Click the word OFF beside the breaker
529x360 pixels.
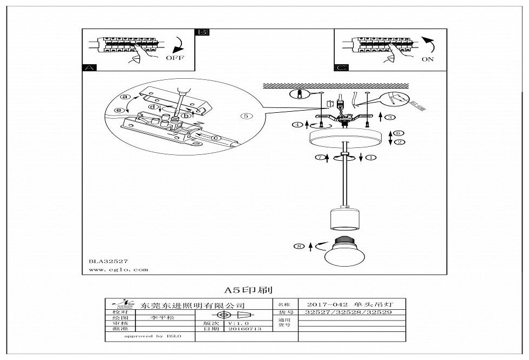pyautogui.click(x=174, y=57)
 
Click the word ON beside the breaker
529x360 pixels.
pyautogui.click(x=428, y=59)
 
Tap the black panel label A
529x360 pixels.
pyautogui.click(x=89, y=68)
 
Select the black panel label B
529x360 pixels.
pyautogui.click(x=202, y=32)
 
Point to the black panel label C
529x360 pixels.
pyautogui.click(x=341, y=68)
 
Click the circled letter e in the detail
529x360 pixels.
pyautogui.click(x=120, y=111)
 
